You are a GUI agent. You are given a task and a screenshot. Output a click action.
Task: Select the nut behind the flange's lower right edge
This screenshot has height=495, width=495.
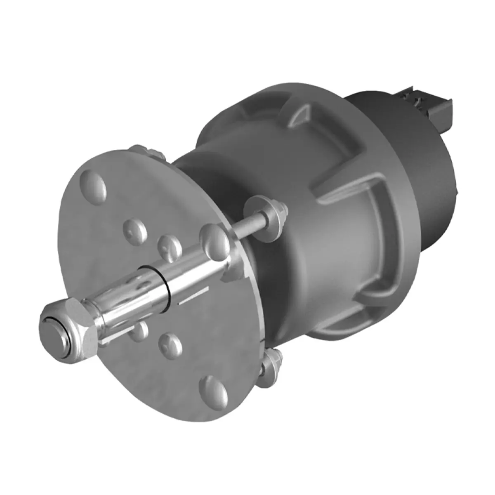pos(272,363)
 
